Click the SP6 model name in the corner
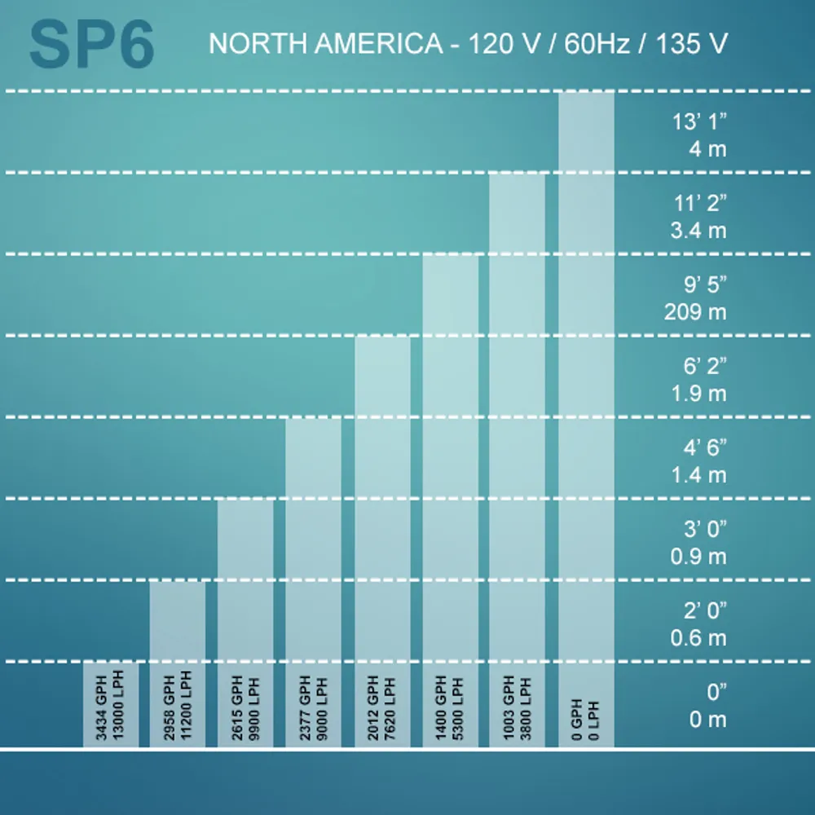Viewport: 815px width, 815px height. pos(91,45)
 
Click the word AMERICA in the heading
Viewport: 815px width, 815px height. pos(379,43)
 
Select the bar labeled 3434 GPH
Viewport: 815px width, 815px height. pos(111,704)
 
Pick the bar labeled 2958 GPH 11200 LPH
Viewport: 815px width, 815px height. pos(177,663)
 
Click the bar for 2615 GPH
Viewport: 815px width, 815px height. pos(245,623)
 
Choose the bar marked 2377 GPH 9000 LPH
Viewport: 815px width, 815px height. pos(314,583)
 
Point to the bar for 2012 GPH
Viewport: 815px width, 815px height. pos(382,542)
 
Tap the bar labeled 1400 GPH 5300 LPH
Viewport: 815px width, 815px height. pos(450,501)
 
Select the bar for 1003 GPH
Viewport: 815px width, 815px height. pos(518,460)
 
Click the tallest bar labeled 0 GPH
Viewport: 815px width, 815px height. pos(586,420)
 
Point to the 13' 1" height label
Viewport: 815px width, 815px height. pos(699,121)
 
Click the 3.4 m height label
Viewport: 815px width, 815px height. pos(698,231)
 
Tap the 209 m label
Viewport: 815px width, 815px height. pos(695,312)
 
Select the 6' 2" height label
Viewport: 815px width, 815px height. pos(705,366)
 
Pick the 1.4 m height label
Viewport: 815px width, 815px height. pos(699,475)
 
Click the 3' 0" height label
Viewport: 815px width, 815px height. pos(705,529)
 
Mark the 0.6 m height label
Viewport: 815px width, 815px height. pos(698,638)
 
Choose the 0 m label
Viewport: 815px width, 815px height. pos(708,720)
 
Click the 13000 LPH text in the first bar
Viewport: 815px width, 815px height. pos(118,705)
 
